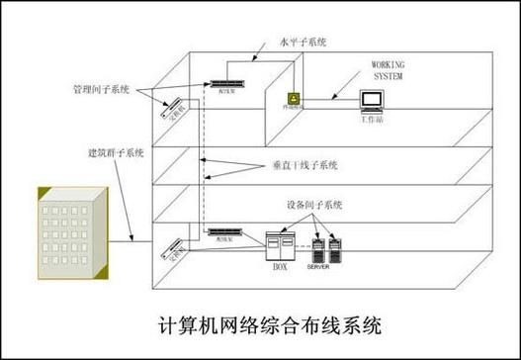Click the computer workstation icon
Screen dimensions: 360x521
pyautogui.click(x=373, y=102)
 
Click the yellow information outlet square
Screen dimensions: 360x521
pyautogui.click(x=292, y=100)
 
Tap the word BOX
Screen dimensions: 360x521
pyautogui.click(x=279, y=266)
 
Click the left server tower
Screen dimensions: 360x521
pyautogui.click(x=318, y=248)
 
